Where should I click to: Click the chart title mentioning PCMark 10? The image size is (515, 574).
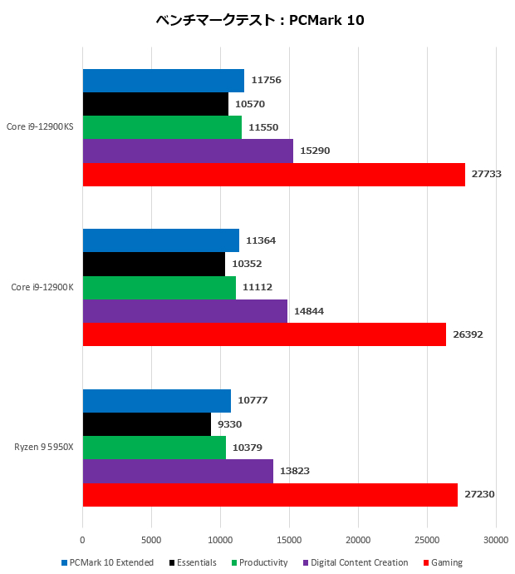pos(259,20)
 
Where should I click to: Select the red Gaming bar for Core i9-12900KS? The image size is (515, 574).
pos(273,174)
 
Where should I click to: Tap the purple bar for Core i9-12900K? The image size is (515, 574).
pos(184,311)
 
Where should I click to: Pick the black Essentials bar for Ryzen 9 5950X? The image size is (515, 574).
pos(146,424)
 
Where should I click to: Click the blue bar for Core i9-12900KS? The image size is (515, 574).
pos(163,81)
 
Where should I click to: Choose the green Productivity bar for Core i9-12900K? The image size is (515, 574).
pos(159,288)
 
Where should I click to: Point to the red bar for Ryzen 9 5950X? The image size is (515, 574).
pos(270,494)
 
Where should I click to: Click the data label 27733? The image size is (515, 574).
pos(488,174)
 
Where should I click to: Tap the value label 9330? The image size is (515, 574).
pos(228,424)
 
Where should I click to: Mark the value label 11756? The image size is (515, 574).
pos(267,81)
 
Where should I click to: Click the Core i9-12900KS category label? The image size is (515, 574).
pos(40,127)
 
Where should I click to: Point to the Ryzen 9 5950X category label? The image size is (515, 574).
pos(44,448)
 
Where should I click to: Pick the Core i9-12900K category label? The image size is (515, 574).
pos(42,288)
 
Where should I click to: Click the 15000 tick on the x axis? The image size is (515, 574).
pos(289,540)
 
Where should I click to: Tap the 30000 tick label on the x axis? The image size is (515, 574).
pos(496,540)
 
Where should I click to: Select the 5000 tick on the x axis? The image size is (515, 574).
pos(151,540)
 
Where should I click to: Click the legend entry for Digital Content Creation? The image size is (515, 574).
pos(360,563)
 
